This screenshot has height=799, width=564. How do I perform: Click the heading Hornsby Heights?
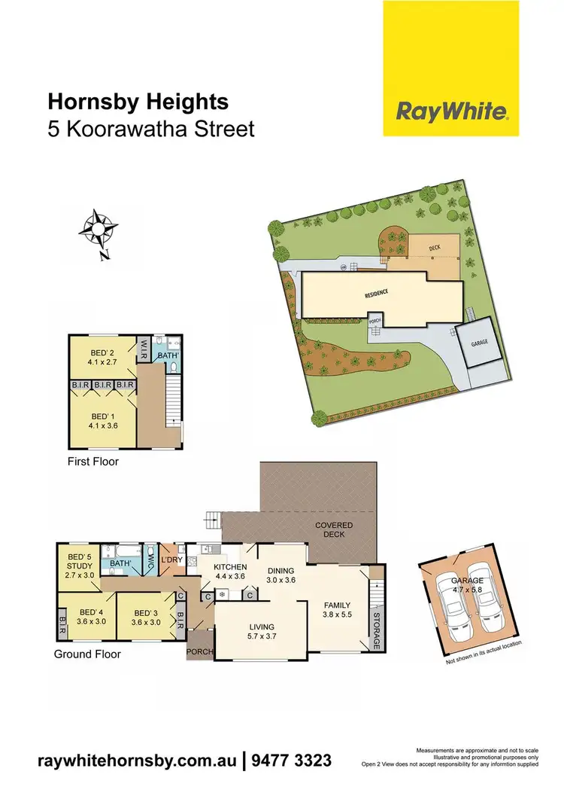pos(138,102)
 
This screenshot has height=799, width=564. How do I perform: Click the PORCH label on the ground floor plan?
pos(200,651)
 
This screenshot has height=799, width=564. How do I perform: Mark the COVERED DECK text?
pos(334,530)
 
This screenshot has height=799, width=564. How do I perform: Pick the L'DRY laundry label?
pos(172,560)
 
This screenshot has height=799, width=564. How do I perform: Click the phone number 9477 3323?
pos(290,761)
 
